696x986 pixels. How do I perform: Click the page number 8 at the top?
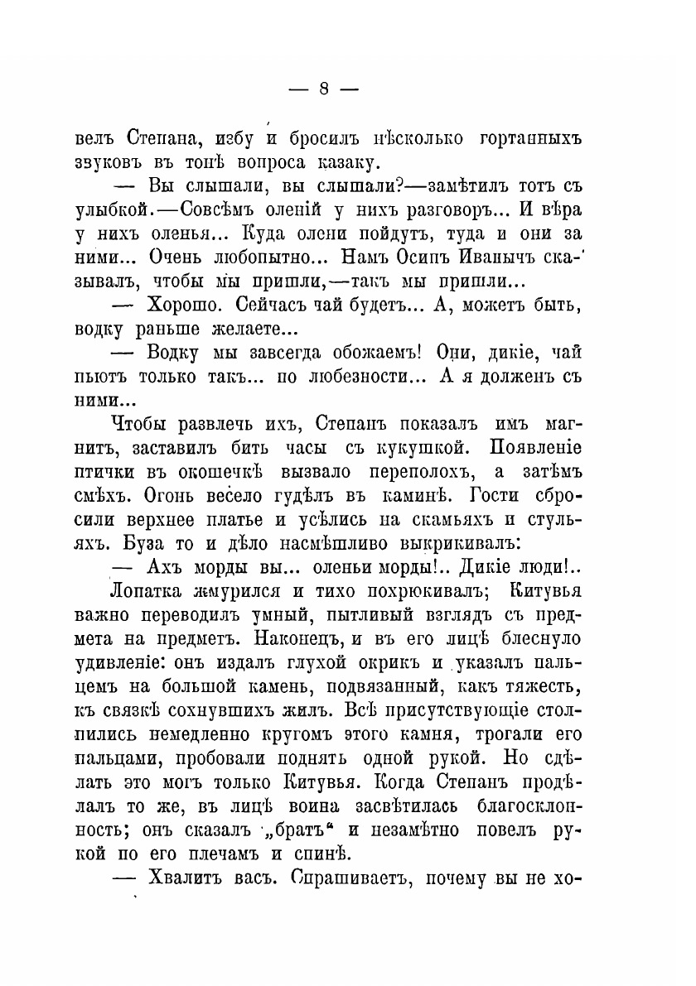coord(325,89)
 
